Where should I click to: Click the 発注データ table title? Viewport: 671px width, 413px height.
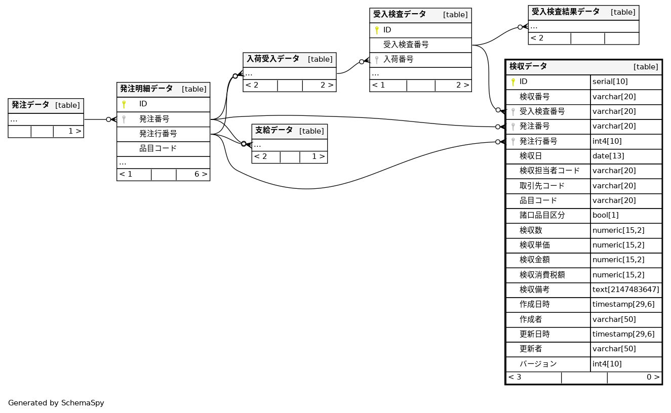click(x=30, y=105)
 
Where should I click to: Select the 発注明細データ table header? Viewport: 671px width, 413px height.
click(x=146, y=89)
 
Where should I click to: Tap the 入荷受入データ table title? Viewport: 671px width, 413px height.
click(x=273, y=59)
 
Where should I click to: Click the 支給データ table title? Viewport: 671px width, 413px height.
click(x=274, y=131)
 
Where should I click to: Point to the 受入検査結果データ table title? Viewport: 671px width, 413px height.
click(x=565, y=12)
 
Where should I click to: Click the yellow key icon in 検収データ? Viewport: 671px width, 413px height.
click(x=512, y=82)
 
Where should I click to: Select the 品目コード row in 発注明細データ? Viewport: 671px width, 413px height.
click(x=158, y=149)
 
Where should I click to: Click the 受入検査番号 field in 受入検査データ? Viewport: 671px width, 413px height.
click(x=406, y=45)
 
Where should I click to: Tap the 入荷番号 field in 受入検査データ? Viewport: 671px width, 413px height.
click(x=398, y=60)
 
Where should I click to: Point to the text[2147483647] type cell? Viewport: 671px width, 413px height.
click(x=626, y=290)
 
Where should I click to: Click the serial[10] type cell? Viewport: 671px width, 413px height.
click(x=610, y=81)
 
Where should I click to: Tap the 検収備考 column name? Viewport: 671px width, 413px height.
click(x=534, y=290)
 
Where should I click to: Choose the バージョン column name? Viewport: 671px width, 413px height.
click(x=538, y=364)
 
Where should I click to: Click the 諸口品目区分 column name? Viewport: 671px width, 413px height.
click(x=542, y=215)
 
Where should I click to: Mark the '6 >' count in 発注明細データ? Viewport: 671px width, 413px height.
click(x=201, y=175)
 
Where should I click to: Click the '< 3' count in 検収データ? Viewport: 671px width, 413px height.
click(x=515, y=377)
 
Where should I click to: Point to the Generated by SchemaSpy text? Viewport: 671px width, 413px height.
click(x=56, y=403)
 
